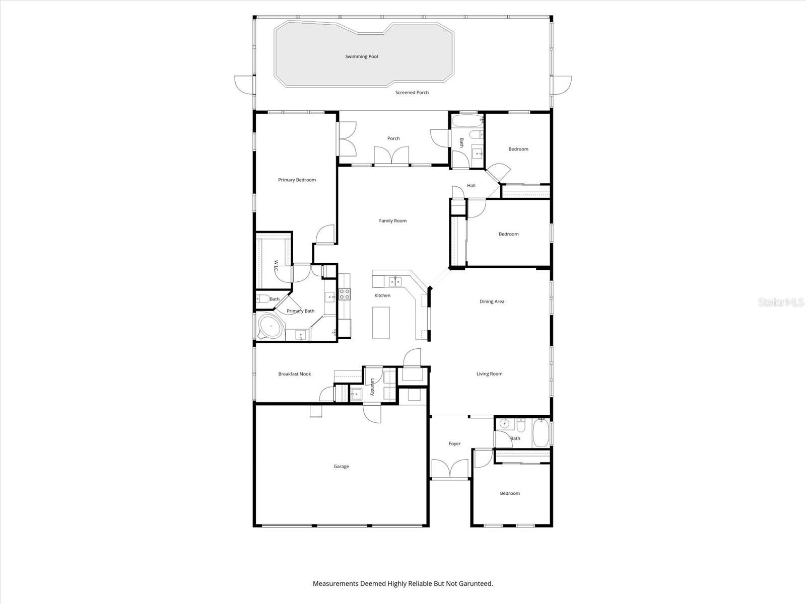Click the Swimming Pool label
[361, 56]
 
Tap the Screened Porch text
[412, 93]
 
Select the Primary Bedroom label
[297, 180]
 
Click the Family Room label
[392, 220]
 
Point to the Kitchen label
[382, 295]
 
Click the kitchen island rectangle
[381, 322]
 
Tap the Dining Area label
[492, 301]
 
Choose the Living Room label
[489, 374]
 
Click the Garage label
[341, 467]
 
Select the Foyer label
[454, 444]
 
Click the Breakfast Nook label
[295, 374]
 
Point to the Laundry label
[373, 387]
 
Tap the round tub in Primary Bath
[271, 327]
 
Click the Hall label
[471, 186]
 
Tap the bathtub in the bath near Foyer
[541, 432]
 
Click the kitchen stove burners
[344, 294]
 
